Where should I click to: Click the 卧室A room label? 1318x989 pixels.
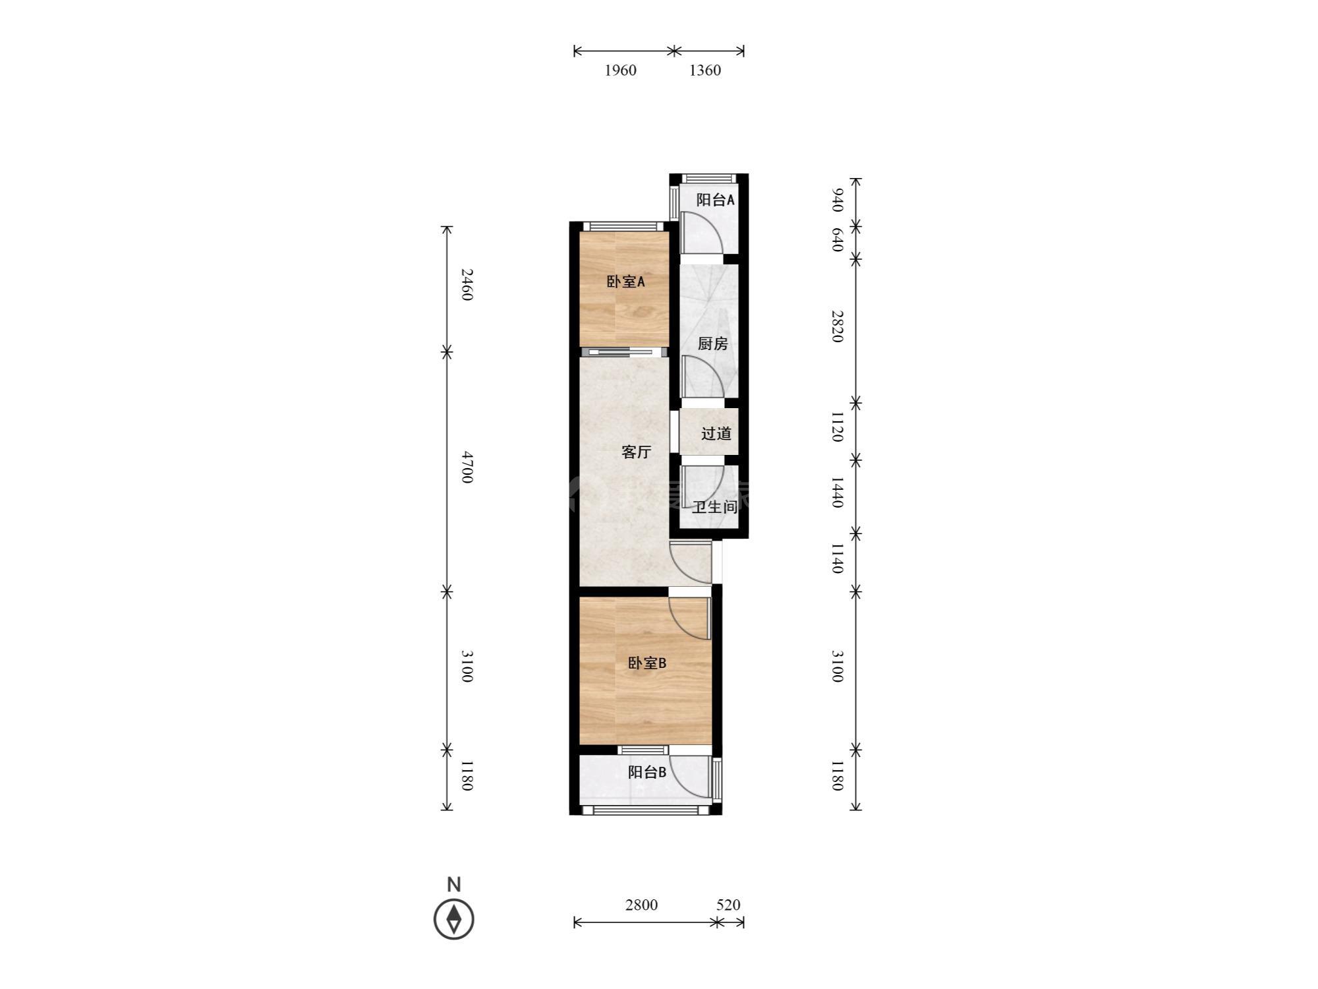tap(625, 282)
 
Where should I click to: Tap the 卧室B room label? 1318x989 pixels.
tap(646, 663)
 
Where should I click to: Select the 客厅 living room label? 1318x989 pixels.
tap(637, 452)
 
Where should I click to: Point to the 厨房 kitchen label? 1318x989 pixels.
tap(712, 344)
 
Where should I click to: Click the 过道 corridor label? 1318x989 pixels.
tap(716, 434)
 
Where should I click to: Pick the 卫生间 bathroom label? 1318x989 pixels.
tap(714, 507)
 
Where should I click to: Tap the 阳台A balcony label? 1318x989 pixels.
tap(715, 200)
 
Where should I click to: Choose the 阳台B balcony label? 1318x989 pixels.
tap(646, 772)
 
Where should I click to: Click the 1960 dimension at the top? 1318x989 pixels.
tap(621, 71)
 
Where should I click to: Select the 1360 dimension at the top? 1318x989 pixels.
tap(705, 71)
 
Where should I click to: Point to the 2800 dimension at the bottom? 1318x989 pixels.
tap(641, 905)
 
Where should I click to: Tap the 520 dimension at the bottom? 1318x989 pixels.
tap(728, 905)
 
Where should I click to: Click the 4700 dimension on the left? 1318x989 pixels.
tap(467, 467)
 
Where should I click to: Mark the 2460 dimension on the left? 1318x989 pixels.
tap(467, 284)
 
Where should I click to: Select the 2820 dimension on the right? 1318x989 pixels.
tap(837, 326)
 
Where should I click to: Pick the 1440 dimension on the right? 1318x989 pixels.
tap(837, 493)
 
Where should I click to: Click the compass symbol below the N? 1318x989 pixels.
tap(454, 918)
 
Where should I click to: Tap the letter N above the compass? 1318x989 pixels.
tap(454, 884)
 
